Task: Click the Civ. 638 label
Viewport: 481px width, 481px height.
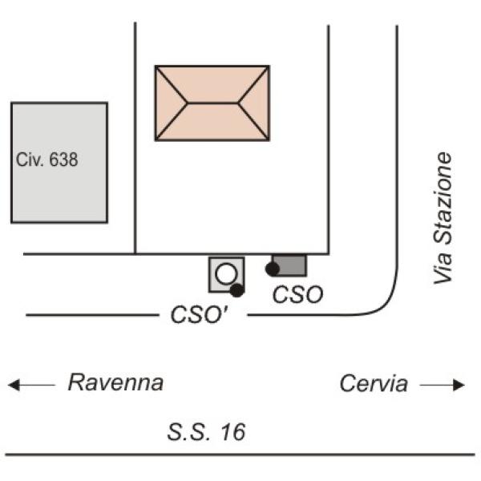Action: pos(47,160)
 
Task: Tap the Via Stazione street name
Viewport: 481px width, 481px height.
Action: pos(443,218)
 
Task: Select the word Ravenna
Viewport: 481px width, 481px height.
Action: pos(115,382)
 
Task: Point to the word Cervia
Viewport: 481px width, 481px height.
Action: pos(374,383)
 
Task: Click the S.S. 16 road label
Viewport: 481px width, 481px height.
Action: pos(206,431)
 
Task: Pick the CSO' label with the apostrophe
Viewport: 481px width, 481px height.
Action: pos(199,315)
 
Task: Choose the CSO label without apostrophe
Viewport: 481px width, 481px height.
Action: pos(297,294)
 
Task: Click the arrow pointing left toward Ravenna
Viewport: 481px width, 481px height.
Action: pos(31,385)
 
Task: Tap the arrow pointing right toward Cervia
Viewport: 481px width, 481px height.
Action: pos(442,385)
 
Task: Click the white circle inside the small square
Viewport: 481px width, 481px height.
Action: pos(226,274)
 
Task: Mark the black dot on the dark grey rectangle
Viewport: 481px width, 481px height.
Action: pos(272,269)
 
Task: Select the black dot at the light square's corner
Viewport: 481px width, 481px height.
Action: pos(236,290)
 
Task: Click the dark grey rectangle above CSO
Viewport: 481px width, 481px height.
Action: pos(290,265)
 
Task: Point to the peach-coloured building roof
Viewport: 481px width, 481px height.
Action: pos(212,103)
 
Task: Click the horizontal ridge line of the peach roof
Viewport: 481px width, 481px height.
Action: pos(212,103)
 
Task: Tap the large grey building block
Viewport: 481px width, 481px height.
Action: pos(59,162)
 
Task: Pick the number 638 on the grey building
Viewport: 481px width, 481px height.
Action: pos(64,160)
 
